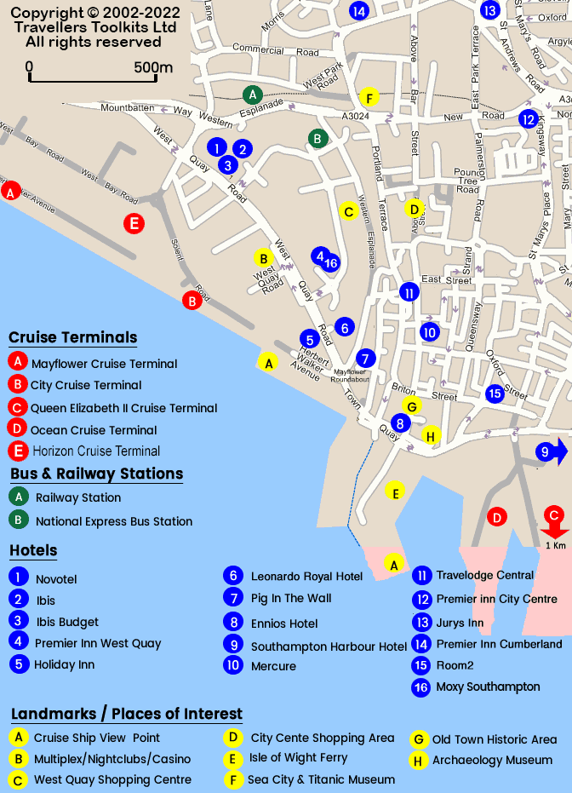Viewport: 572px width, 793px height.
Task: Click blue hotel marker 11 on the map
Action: point(409,292)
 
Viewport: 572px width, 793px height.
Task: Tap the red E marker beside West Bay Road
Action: point(134,224)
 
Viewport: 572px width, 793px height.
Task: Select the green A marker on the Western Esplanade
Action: point(252,95)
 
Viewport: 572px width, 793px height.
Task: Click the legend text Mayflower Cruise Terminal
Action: point(105,364)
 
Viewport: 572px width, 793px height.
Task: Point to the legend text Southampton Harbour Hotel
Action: point(329,646)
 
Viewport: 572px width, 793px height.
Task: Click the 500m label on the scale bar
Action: point(153,68)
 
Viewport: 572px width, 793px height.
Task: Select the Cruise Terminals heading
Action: point(72,337)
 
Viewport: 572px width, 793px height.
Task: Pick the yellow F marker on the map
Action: point(368,97)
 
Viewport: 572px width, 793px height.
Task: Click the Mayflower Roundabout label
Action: point(350,376)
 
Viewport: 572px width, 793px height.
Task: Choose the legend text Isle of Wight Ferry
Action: point(298,757)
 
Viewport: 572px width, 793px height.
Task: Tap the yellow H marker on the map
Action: point(431,436)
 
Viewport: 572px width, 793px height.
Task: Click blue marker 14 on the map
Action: point(358,10)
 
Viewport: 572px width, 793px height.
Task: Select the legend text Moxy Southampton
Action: point(488,687)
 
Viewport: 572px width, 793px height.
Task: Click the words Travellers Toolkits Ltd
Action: point(95,27)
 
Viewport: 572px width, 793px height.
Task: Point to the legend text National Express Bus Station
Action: point(114,521)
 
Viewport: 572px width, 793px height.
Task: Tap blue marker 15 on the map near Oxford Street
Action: point(495,394)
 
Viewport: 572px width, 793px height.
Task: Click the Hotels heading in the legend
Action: point(33,550)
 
